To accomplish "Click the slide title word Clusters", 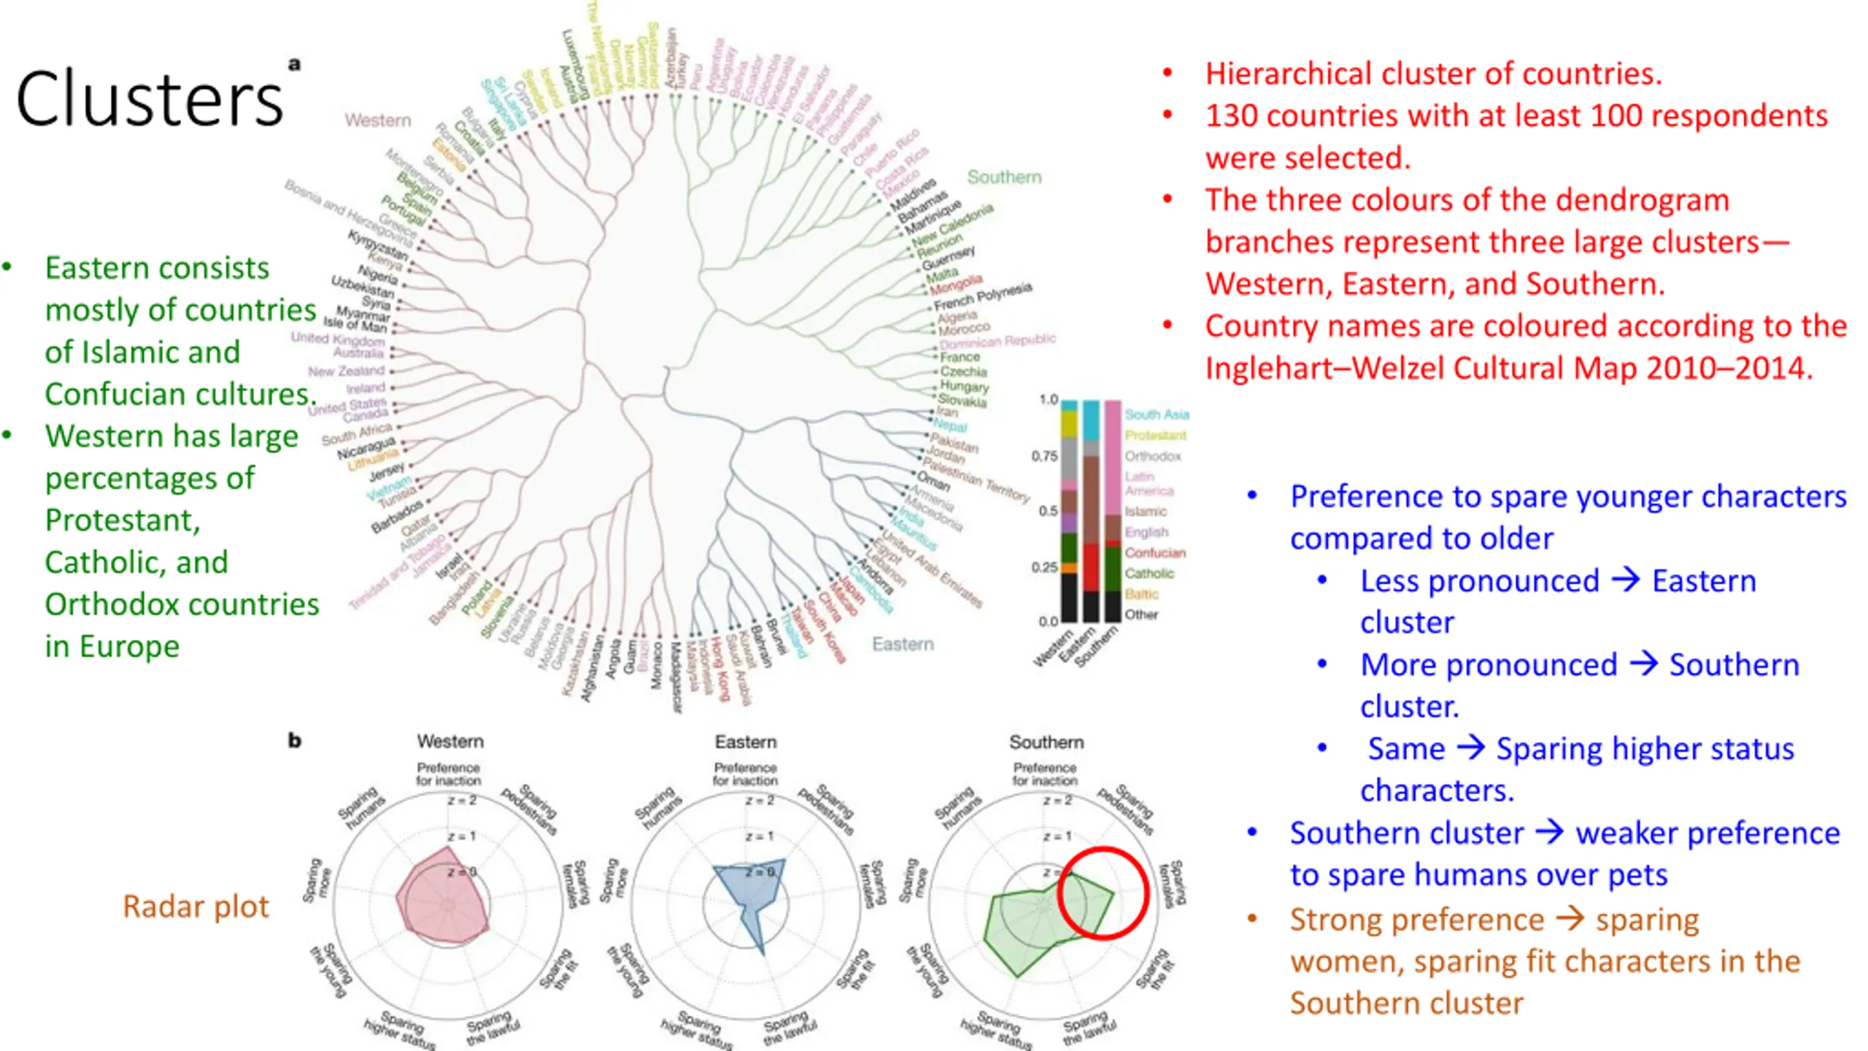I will tap(150, 99).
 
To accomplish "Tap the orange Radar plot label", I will tap(196, 906).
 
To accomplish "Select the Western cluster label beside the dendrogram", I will tap(378, 120).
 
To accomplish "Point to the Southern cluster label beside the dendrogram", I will tap(1004, 177).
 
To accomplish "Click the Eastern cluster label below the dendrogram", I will tap(903, 644).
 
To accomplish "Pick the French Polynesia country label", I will tap(983, 296).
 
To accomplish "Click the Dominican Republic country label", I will tap(997, 342).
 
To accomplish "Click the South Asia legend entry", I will tap(1157, 415).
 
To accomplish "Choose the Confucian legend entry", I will tap(1155, 553).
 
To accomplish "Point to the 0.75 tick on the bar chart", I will tap(1044, 456).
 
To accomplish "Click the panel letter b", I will tap(295, 741).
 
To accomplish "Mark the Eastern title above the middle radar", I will tap(745, 742).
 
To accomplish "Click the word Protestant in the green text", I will tap(122, 520).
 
